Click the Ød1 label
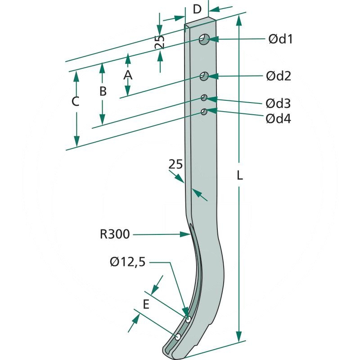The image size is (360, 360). pos(280,39)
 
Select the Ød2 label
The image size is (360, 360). pos(278,76)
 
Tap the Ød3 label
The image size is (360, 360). pos(278,103)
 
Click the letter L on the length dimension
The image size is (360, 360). pos(239,175)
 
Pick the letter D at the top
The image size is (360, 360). pos(197,9)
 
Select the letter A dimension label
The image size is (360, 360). pos(128,75)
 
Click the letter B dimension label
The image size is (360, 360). pos(103,91)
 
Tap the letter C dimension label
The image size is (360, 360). pos(76,102)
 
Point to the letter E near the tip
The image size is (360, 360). pos(145,305)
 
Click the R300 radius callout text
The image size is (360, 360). pos(115,234)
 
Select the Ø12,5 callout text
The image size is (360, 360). pos(128,261)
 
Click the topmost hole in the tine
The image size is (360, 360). pos(204,40)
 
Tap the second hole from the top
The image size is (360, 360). pos(204,76)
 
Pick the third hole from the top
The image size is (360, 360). pos(204,98)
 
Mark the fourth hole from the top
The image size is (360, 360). pos(204,111)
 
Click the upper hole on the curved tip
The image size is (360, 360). pos(188,319)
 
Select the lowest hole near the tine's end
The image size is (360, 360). pos(178,337)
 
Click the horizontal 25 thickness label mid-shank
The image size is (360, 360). pos(175,165)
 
